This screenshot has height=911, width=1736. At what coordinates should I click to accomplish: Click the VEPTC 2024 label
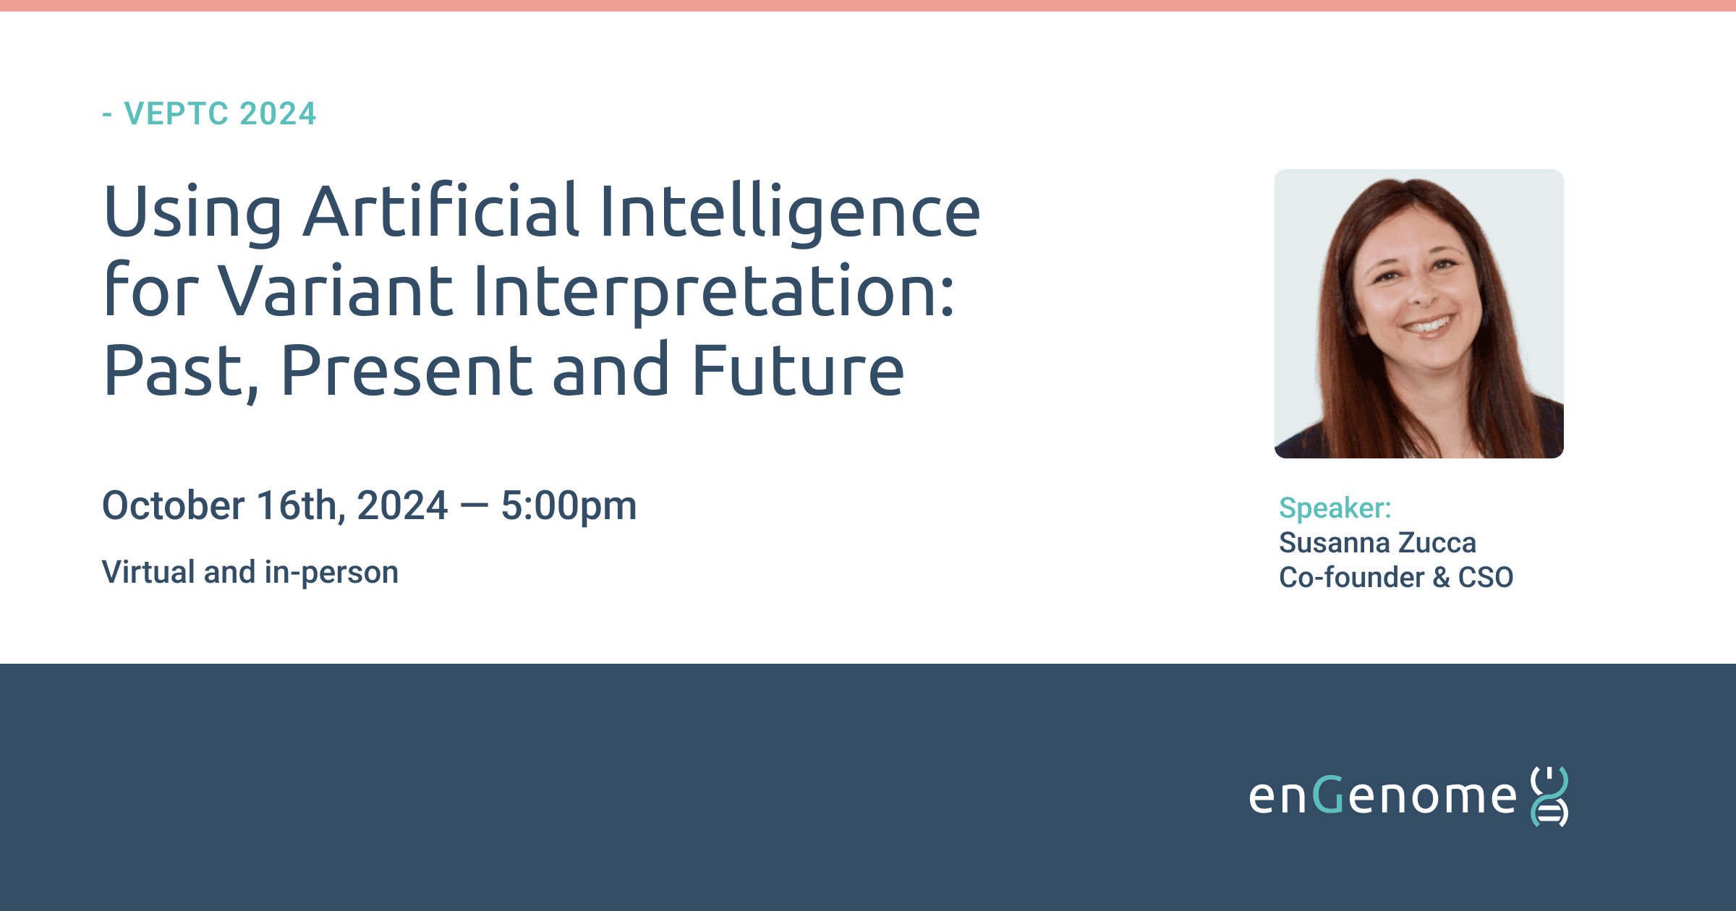click(x=220, y=114)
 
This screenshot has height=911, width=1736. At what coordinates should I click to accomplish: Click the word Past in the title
click(x=181, y=372)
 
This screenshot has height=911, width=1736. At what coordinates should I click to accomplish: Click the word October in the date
click(x=174, y=505)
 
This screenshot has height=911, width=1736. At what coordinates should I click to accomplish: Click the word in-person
click(x=331, y=573)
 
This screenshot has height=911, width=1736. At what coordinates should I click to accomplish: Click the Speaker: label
click(x=1335, y=508)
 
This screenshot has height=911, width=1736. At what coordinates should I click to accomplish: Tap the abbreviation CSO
click(x=1486, y=577)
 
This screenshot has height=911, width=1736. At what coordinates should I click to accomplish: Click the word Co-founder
click(x=1351, y=577)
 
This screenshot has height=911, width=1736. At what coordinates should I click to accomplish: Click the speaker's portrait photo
click(x=1419, y=314)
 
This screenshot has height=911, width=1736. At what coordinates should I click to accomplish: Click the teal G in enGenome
click(x=1328, y=795)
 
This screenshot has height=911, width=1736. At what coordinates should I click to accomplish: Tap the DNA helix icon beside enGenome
click(x=1549, y=796)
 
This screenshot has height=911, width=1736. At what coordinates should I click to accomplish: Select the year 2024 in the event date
click(x=402, y=505)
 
